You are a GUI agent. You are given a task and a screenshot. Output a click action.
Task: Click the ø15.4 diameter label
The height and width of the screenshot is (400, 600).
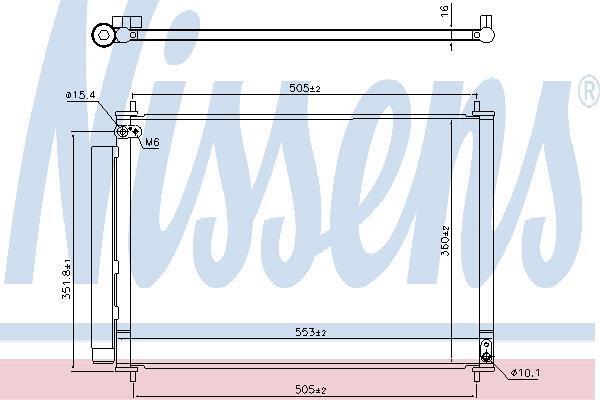[x=80, y=95]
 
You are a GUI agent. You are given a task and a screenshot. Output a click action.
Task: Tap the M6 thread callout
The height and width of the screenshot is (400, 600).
[x=152, y=142]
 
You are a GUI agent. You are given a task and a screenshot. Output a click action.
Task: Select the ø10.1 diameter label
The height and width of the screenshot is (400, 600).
[x=526, y=372]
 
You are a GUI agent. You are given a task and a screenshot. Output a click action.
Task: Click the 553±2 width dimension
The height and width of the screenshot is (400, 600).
[x=311, y=332]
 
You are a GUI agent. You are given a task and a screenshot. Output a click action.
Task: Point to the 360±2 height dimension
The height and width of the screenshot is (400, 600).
[x=446, y=241]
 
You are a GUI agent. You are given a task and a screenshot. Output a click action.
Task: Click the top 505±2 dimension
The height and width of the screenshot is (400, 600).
[x=305, y=88]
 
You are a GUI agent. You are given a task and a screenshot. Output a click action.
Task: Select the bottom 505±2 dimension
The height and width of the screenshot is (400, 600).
[x=311, y=390]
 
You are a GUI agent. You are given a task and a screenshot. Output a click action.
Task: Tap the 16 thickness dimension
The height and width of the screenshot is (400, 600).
[x=445, y=11]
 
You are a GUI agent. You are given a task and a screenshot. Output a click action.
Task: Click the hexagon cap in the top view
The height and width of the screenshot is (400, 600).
[x=103, y=35]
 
